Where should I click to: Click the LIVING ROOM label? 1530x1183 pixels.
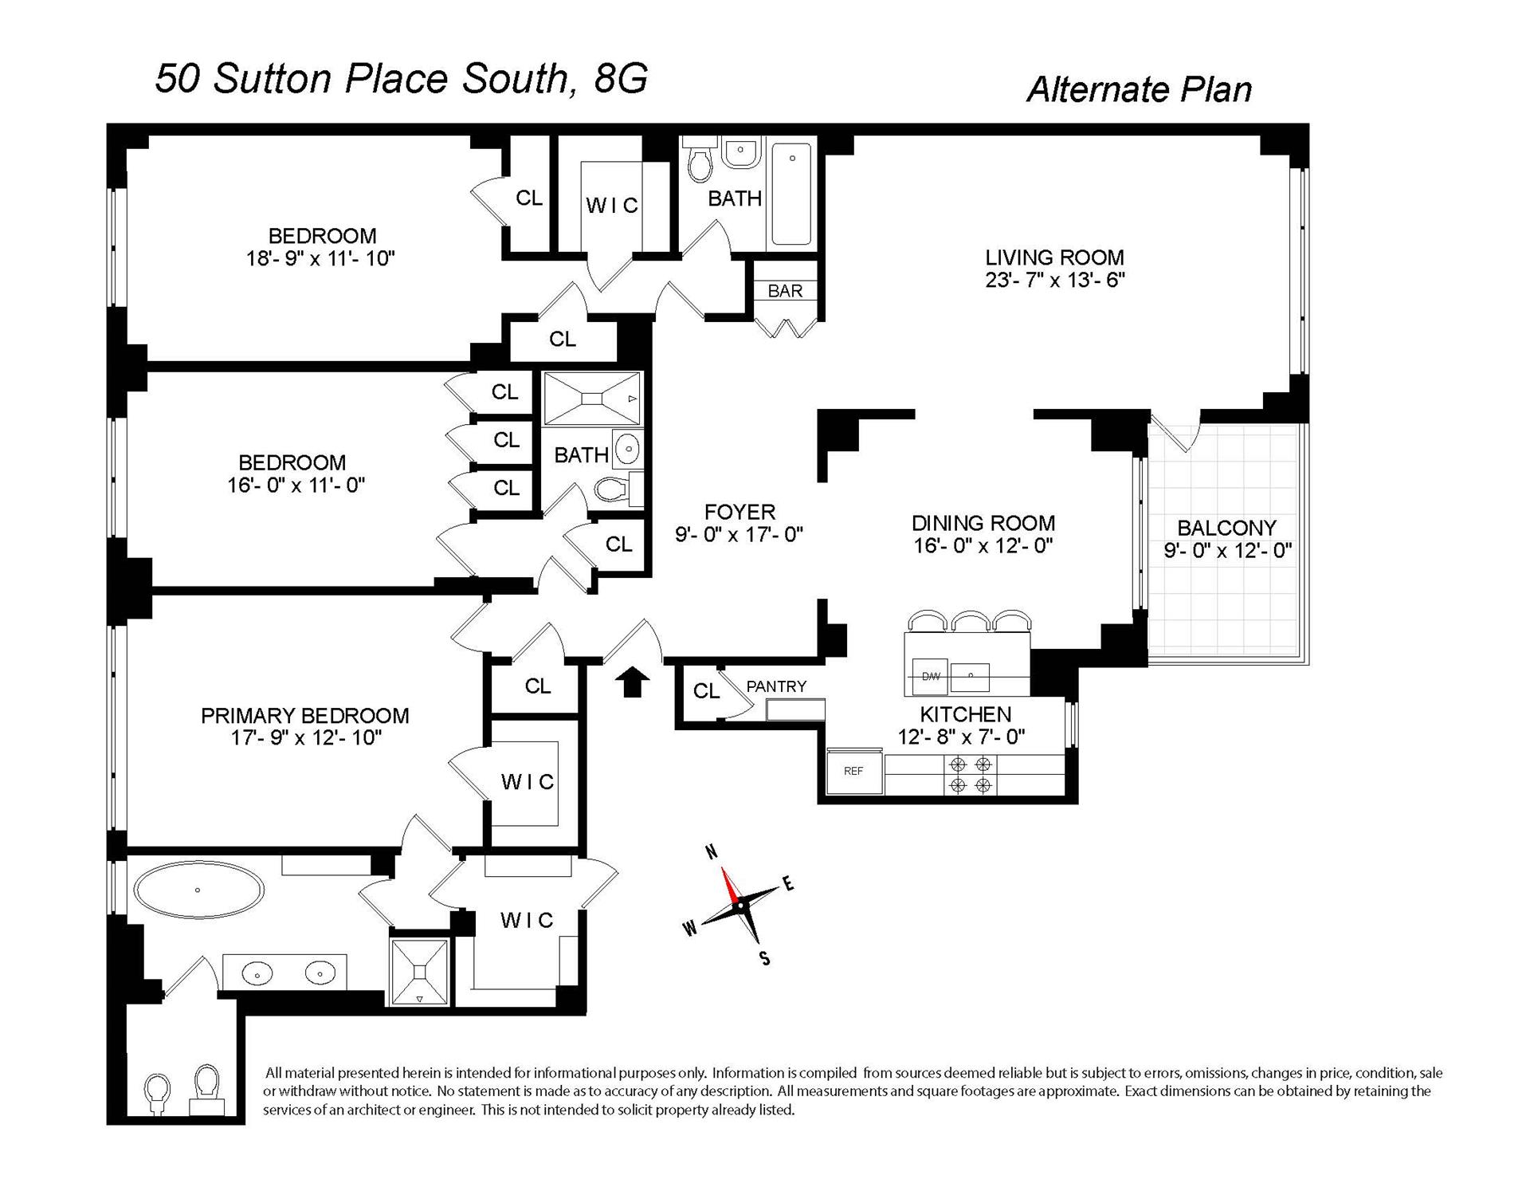click(x=1054, y=257)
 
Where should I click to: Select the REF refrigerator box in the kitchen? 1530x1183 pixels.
click(x=853, y=771)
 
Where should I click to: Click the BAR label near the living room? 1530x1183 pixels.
click(x=785, y=291)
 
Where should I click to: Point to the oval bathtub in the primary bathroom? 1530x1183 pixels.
click(x=198, y=889)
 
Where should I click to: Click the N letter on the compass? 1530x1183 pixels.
click(x=712, y=853)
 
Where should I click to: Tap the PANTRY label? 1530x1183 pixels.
click(x=776, y=686)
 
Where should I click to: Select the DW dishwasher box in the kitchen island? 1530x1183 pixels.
click(x=931, y=676)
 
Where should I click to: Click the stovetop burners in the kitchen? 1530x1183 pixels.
click(x=971, y=774)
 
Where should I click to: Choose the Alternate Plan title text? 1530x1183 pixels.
click(x=1139, y=89)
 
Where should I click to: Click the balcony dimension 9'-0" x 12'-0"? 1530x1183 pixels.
click(x=1227, y=550)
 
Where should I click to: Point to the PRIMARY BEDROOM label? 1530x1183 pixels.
click(x=305, y=716)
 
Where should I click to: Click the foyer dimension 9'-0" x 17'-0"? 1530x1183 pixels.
click(x=739, y=534)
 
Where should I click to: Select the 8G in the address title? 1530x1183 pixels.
click(x=621, y=79)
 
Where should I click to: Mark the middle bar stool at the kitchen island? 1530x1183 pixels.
click(x=971, y=621)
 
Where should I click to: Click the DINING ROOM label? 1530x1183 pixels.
click(x=983, y=523)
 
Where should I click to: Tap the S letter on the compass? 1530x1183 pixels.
click(x=765, y=959)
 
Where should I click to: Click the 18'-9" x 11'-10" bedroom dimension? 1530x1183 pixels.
click(x=321, y=258)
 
